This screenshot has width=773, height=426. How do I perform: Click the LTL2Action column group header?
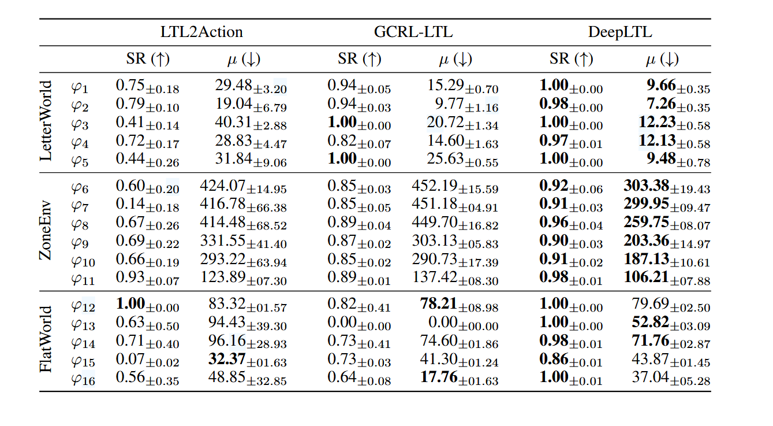tap(201, 32)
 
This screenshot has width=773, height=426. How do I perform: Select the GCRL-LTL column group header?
tap(413, 32)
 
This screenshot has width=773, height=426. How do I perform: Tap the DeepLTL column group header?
tap(619, 32)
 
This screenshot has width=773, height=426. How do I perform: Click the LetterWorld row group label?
tap(46, 121)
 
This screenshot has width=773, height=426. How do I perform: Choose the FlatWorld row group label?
tap(46, 339)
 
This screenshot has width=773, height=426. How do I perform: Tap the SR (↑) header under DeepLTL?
tap(571, 59)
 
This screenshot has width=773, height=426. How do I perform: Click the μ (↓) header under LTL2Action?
tap(235, 59)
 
